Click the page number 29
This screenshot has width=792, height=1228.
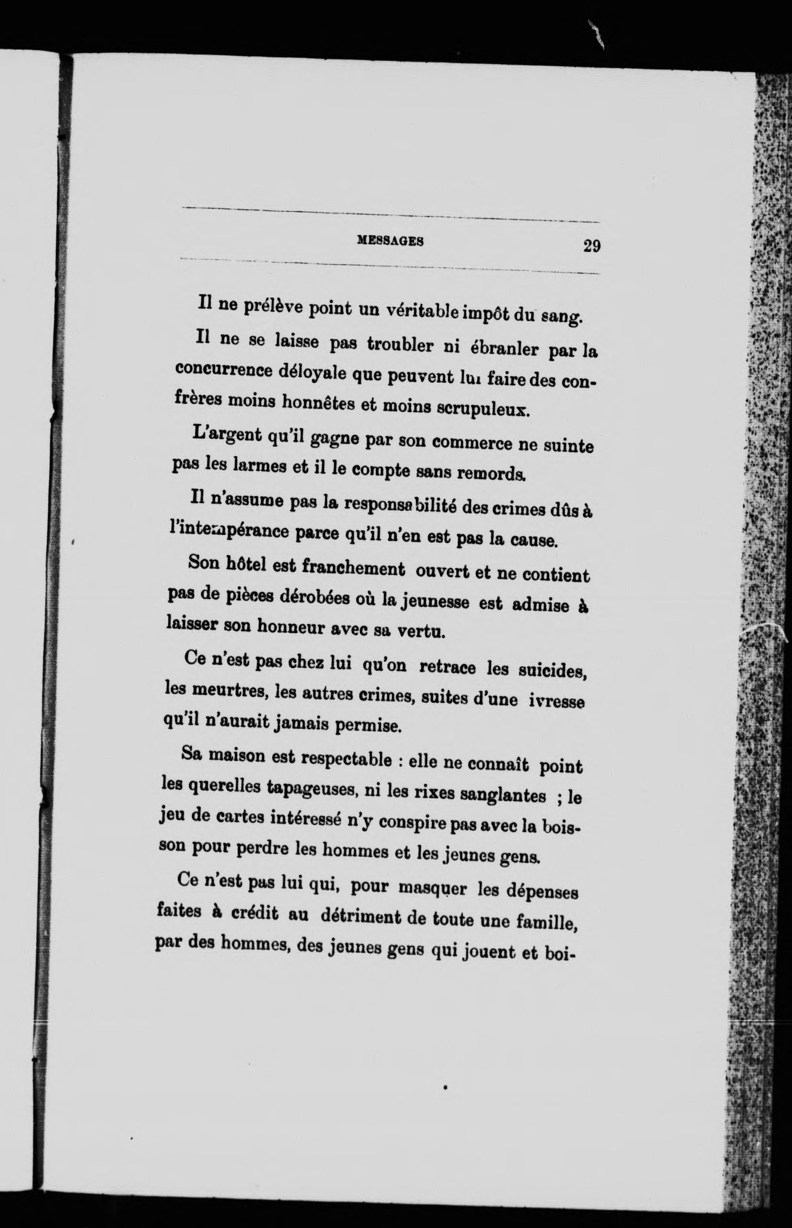click(592, 246)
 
